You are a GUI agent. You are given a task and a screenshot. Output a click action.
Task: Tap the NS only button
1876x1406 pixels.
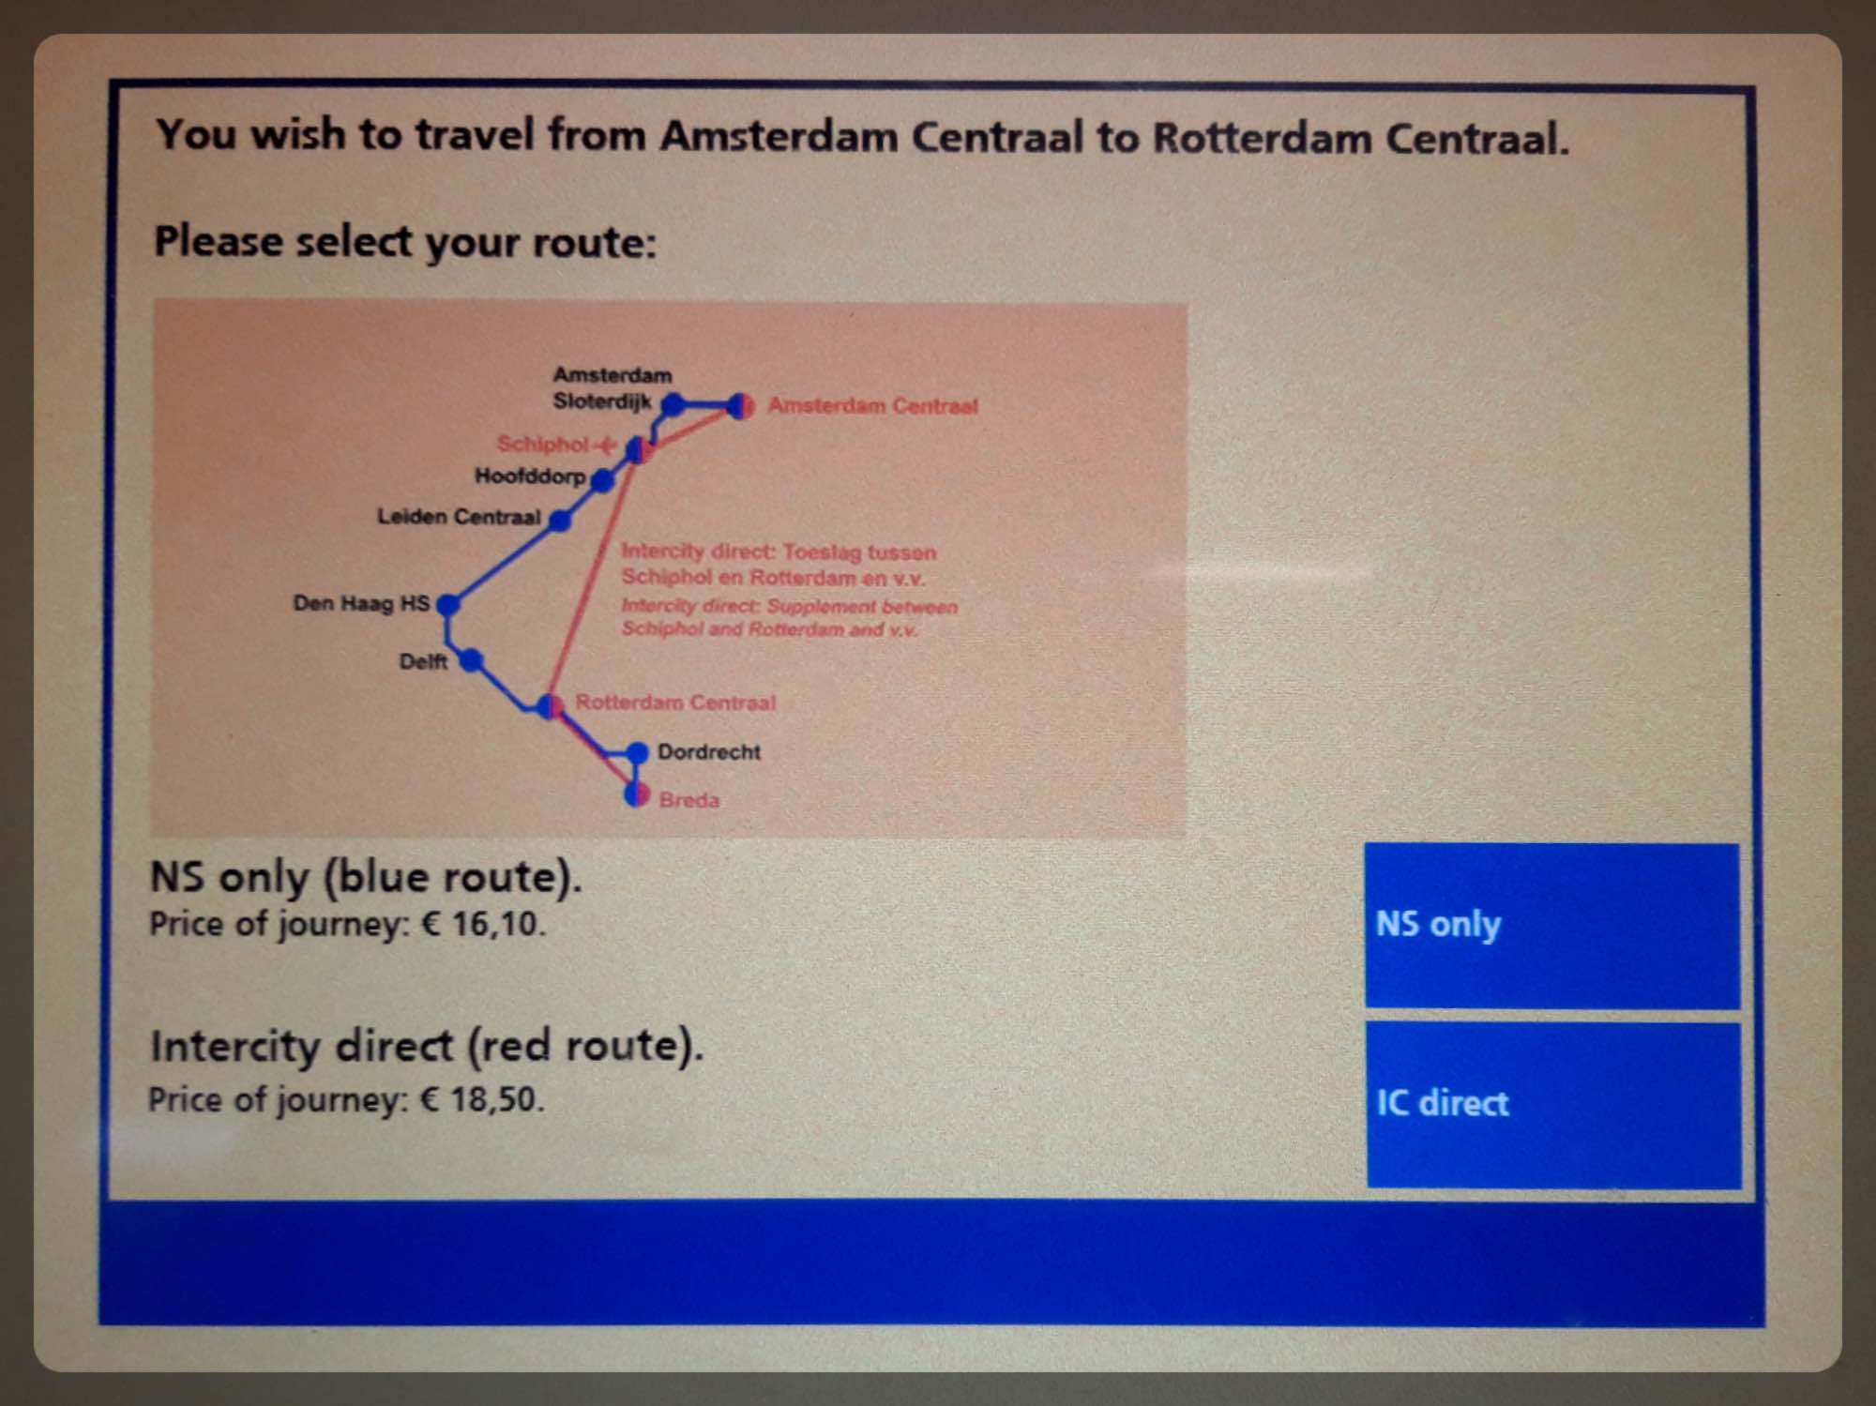1551,926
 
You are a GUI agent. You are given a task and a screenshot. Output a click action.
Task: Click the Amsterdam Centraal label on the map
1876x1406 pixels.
872,406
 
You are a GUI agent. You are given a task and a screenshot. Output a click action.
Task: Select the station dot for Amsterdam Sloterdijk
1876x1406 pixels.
673,404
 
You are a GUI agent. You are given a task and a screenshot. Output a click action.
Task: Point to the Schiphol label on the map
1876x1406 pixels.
544,444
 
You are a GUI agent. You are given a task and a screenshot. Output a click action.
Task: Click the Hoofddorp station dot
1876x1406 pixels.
603,481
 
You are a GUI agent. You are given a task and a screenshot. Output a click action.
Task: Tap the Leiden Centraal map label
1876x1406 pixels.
459,517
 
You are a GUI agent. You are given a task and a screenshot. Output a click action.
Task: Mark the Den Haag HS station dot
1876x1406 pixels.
448,604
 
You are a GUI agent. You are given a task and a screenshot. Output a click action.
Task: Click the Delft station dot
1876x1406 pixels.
472,661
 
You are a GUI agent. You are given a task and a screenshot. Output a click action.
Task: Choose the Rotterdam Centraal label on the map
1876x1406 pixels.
675,703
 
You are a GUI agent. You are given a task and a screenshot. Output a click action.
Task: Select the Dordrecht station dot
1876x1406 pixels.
637,752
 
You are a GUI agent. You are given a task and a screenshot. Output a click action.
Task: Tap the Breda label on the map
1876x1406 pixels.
689,800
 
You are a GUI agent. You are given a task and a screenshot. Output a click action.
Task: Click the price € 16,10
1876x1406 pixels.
482,925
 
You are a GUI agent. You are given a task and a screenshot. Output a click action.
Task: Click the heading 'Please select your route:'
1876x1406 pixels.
405,242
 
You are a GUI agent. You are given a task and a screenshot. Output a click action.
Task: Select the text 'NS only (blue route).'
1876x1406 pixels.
366,877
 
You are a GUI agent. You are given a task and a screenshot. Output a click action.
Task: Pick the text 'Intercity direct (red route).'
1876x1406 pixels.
427,1046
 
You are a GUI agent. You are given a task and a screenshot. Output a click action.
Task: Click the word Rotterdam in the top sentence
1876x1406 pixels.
1261,138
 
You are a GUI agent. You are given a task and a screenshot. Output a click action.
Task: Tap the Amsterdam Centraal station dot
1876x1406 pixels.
740,406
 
